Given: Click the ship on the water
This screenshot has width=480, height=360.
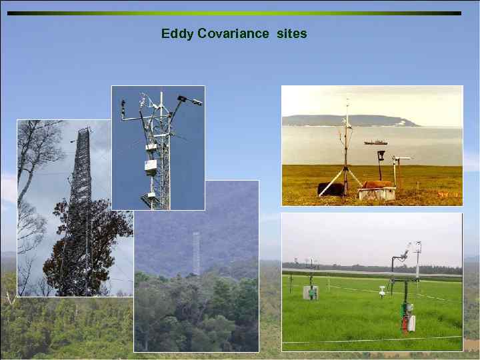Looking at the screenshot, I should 375,142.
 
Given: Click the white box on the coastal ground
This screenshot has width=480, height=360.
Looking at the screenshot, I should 377,193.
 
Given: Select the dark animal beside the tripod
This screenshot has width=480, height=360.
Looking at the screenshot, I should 331,189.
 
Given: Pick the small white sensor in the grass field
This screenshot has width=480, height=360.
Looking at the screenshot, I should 381,291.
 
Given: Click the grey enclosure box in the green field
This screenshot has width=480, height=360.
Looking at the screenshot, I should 311,292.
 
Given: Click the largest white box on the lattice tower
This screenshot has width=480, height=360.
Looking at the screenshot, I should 151,167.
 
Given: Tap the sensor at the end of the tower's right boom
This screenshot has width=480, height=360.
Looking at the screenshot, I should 196,102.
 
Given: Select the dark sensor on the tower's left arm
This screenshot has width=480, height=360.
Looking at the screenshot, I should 123,105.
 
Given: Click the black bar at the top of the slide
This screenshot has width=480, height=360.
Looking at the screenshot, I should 233,13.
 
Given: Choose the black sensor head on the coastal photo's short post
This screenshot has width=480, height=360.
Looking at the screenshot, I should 381,155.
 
